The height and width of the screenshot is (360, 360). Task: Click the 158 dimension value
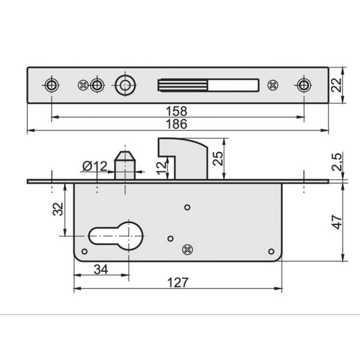[176, 111]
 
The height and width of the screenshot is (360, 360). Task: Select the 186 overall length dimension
[176, 124]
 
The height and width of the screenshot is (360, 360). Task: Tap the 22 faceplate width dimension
[337, 85]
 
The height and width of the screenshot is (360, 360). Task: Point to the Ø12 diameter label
[95, 166]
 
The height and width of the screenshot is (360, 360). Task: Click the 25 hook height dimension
[218, 158]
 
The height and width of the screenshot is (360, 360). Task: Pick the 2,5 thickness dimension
[337, 162]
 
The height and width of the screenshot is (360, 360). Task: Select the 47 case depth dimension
[337, 222]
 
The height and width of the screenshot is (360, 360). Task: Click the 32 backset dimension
[58, 209]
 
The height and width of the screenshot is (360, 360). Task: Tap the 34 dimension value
[101, 269]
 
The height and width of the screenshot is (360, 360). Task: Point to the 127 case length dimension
[178, 283]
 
